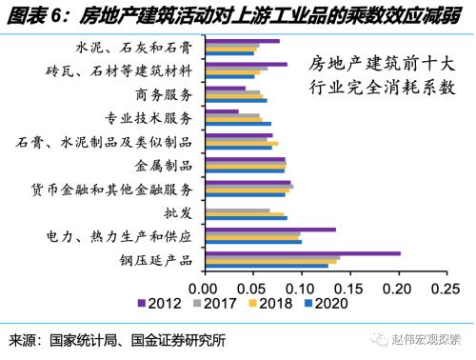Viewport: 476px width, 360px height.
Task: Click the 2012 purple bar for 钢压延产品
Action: tap(302, 252)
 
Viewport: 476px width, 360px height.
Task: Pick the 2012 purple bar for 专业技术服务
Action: tap(221, 111)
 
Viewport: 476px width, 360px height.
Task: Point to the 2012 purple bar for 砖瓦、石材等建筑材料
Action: tap(246, 65)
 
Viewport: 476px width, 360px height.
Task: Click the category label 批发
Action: tap(181, 212)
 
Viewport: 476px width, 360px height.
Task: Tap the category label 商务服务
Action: tap(165, 94)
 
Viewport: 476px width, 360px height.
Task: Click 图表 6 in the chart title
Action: tap(36, 14)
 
